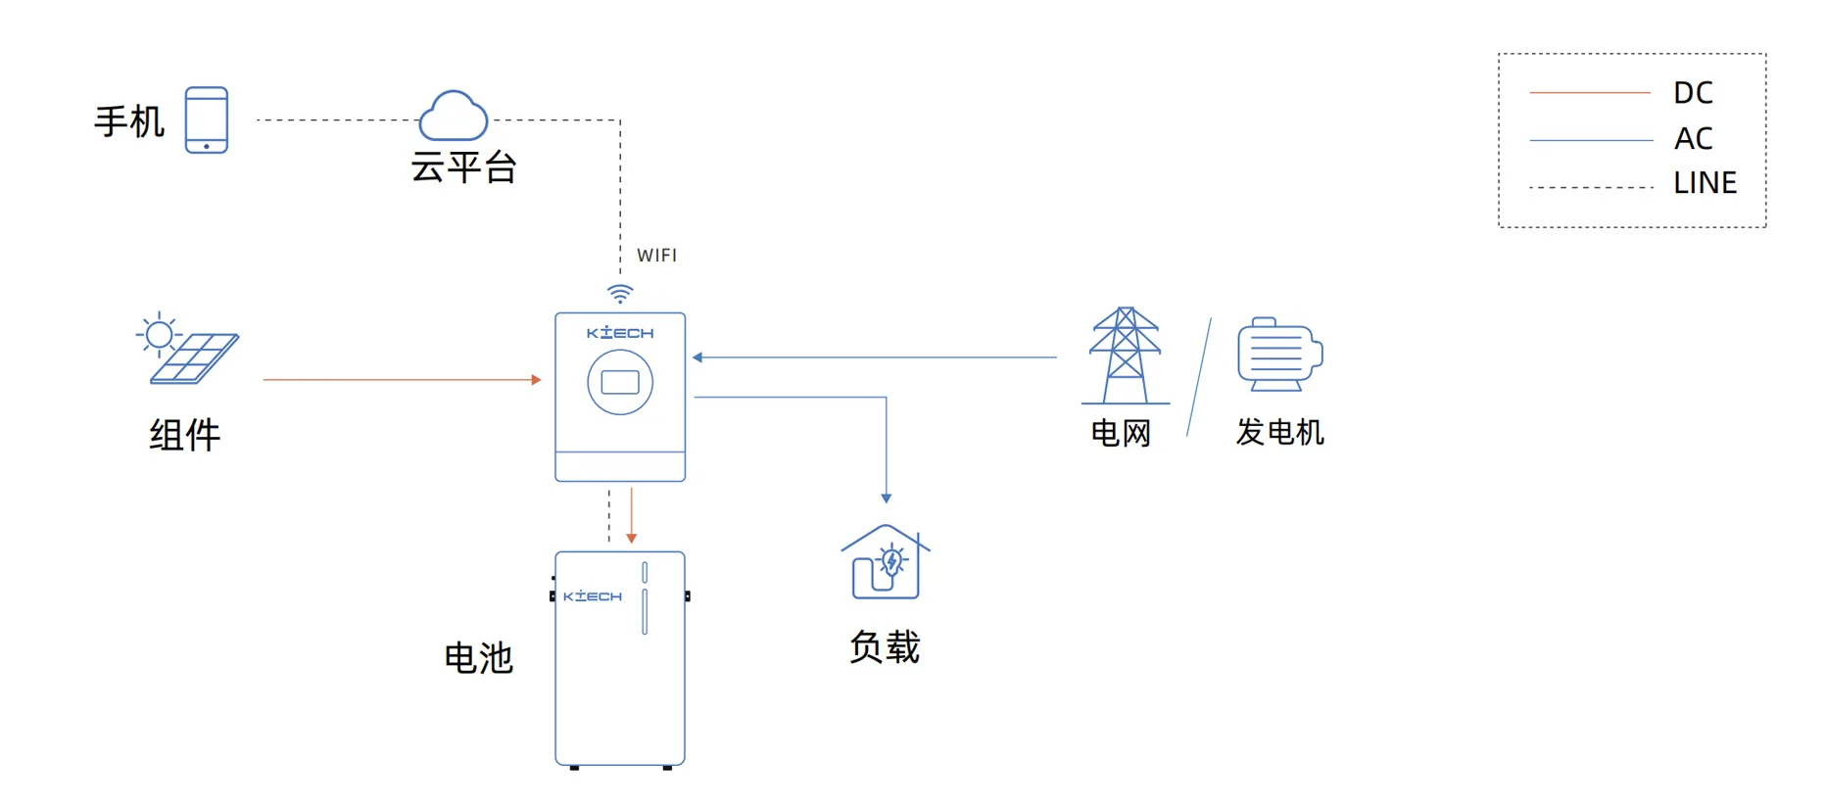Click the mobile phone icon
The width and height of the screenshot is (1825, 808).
(x=207, y=119)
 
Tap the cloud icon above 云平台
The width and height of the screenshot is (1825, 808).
(x=453, y=116)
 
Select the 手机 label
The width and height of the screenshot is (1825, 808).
(x=129, y=122)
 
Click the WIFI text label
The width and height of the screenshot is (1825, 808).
(x=656, y=256)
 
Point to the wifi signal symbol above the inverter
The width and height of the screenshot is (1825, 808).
(x=620, y=293)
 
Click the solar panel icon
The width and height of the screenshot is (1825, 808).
(x=188, y=350)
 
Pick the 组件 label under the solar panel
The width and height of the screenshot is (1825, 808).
(x=185, y=435)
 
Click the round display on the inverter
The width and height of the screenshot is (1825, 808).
(x=620, y=382)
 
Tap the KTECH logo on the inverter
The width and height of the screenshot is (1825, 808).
(x=620, y=333)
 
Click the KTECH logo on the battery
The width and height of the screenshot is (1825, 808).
(x=593, y=596)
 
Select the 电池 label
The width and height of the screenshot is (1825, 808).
(x=478, y=658)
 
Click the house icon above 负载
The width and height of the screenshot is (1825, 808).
(x=886, y=562)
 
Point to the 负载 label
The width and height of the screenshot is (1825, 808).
(x=885, y=647)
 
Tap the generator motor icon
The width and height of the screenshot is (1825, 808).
(x=1279, y=355)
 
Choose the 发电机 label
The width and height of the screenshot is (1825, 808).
(x=1279, y=432)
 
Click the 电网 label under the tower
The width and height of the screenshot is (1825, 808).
(x=1121, y=433)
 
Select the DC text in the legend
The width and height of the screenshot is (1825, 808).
(x=1693, y=93)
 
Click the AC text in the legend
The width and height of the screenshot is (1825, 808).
(x=1693, y=139)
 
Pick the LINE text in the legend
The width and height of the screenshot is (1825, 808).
(x=1705, y=183)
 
